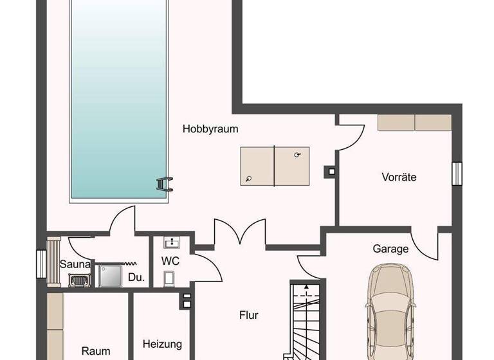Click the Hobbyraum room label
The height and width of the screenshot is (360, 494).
click(x=210, y=129)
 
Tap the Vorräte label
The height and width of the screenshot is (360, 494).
click(x=398, y=177)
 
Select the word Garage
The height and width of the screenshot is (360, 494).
click(x=390, y=249)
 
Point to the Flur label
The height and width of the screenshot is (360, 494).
click(x=249, y=315)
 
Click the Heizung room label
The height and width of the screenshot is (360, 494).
click(x=162, y=344)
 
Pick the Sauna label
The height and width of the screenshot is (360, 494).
click(x=75, y=264)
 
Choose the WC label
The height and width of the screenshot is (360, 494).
click(x=170, y=262)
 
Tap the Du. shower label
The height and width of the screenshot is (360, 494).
click(x=136, y=278)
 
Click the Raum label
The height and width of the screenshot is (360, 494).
click(x=96, y=351)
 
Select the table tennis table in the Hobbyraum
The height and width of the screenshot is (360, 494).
click(x=275, y=166)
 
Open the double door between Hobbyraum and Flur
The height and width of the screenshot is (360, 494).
click(x=231, y=233)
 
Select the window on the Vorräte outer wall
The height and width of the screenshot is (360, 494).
click(x=457, y=172)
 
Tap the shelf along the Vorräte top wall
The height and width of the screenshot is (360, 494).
click(x=414, y=122)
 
